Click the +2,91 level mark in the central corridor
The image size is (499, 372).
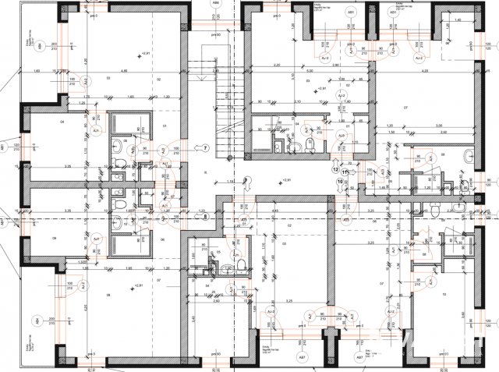coord(264,180)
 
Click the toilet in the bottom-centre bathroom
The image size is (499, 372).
coord(242,263)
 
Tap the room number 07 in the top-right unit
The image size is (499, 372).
coord(405,106)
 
